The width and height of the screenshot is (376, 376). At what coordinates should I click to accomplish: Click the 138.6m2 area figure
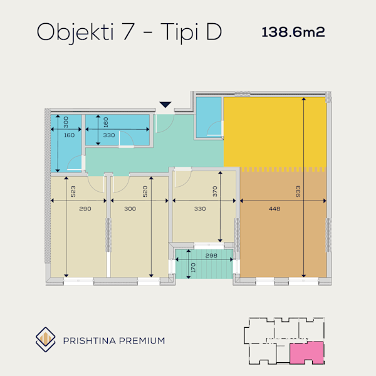[293, 33]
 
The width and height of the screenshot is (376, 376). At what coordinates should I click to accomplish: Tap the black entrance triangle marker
[165, 105]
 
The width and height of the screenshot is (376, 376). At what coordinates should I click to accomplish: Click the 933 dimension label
[298, 191]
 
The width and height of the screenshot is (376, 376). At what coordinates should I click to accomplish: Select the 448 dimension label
[274, 209]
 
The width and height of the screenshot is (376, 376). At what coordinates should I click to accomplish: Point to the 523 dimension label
[73, 191]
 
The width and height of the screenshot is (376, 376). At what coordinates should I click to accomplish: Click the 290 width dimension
[85, 209]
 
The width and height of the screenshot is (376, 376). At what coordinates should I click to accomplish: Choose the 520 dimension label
[145, 191]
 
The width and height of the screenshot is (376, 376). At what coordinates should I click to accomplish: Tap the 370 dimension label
[215, 191]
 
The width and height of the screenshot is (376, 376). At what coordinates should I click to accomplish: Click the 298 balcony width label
[211, 256]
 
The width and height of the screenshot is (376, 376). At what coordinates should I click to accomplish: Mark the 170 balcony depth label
[193, 268]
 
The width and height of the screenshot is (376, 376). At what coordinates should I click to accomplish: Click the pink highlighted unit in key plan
[306, 352]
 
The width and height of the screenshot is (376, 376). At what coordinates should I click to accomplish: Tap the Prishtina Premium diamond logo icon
[46, 340]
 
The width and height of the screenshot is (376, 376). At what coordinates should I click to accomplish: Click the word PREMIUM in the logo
[142, 341]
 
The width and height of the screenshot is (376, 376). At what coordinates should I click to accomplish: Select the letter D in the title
[214, 32]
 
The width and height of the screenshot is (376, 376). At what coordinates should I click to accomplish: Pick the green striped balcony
[204, 264]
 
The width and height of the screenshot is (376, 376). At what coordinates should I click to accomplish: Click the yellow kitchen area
[275, 132]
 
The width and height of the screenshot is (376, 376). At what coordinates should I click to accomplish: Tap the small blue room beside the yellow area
[209, 117]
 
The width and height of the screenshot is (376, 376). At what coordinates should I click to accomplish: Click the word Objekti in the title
[75, 33]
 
